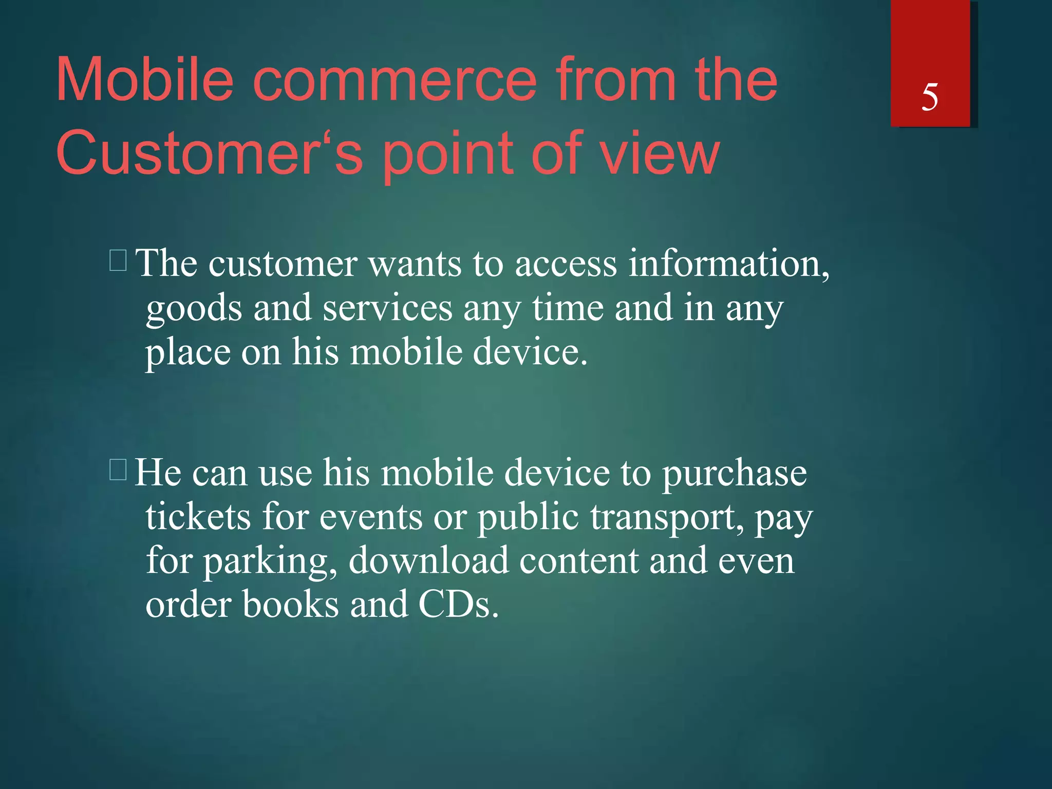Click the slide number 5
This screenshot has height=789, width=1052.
pos(930,97)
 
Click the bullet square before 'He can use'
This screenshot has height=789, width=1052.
pos(118,469)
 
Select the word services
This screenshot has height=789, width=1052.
pos(387,308)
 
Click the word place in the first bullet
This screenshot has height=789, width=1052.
pos(187,353)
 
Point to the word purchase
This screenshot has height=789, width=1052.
pos(734,473)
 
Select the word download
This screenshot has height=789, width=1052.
pos(428,560)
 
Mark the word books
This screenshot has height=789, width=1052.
pos(290,604)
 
